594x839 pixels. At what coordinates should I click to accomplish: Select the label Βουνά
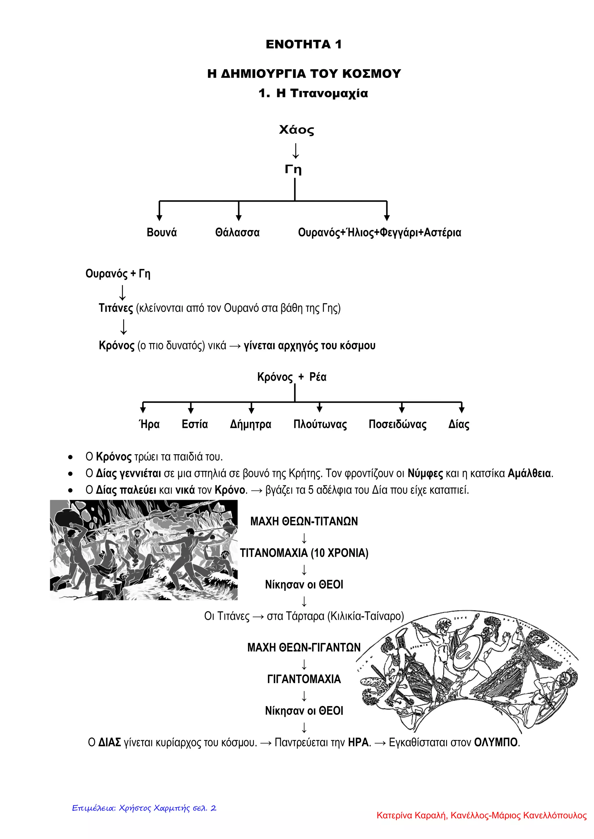(x=162, y=232)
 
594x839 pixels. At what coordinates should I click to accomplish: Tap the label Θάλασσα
(x=237, y=232)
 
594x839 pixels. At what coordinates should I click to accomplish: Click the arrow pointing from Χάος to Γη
(x=296, y=151)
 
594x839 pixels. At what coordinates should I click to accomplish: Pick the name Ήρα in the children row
(x=149, y=424)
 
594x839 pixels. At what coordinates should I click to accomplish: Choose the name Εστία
(x=195, y=424)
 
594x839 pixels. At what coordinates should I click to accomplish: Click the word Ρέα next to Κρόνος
(x=318, y=377)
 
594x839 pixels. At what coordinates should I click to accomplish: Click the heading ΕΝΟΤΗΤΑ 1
(x=304, y=45)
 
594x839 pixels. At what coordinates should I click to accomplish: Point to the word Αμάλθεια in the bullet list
(x=530, y=474)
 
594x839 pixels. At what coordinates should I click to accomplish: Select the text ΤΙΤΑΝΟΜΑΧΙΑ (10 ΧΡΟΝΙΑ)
(x=304, y=553)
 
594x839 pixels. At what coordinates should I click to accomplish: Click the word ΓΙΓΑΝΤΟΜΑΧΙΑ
(x=304, y=679)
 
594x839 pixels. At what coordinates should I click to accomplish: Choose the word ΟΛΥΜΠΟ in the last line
(x=496, y=743)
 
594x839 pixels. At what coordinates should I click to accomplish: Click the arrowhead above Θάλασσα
(x=238, y=218)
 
